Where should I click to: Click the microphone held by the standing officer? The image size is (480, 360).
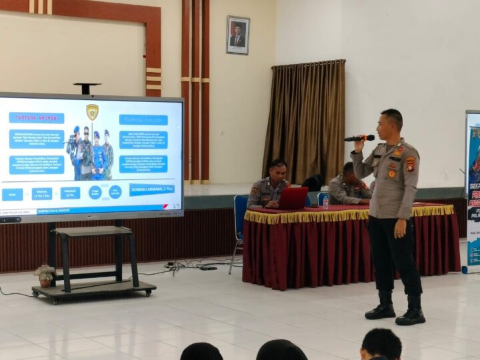[x=358, y=138]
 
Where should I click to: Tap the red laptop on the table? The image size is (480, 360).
[x=293, y=197]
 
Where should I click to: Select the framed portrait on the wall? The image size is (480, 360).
[x=238, y=35]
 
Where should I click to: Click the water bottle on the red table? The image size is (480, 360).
[x=325, y=201]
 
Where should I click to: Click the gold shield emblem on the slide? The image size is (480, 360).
[x=92, y=111]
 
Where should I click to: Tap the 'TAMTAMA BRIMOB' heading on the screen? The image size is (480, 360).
[x=37, y=118]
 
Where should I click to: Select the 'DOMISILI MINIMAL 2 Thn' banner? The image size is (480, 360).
[x=152, y=189]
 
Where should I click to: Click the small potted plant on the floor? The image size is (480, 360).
[x=45, y=275]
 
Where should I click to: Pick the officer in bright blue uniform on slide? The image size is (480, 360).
[x=98, y=156]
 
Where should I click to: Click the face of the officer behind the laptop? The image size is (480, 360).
[x=277, y=173]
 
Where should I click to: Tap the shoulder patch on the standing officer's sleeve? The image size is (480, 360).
[x=411, y=164]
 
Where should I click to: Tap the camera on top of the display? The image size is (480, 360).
[x=87, y=88]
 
